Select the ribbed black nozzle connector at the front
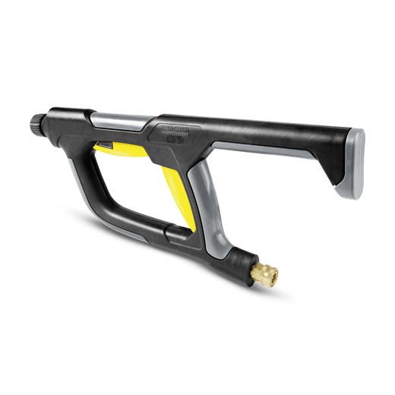pyautogui.click(x=38, y=122)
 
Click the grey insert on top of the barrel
pyautogui.click(x=122, y=120)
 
